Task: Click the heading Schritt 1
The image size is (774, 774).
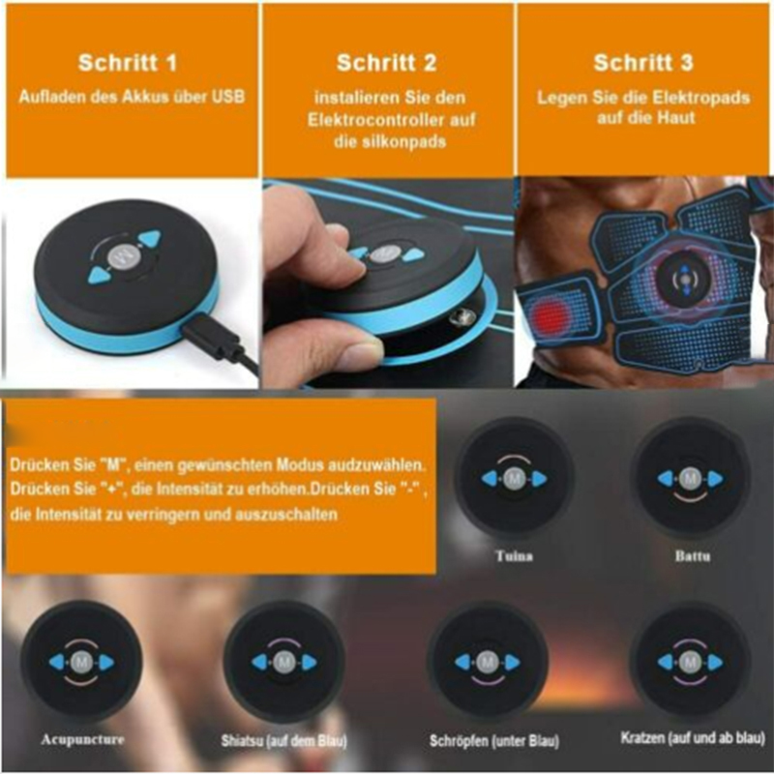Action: (x=128, y=63)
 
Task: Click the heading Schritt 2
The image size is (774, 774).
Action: (x=386, y=63)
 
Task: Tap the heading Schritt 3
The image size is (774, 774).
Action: (x=643, y=63)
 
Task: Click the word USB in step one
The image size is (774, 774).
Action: (x=228, y=96)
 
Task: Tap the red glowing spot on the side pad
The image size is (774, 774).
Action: (x=550, y=313)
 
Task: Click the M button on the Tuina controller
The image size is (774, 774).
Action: (x=514, y=478)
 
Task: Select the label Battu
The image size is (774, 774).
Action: (x=692, y=556)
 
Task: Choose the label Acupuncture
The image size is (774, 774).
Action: (x=82, y=739)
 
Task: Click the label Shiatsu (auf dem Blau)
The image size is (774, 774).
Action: (x=283, y=741)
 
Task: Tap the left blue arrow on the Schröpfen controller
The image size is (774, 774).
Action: (x=463, y=662)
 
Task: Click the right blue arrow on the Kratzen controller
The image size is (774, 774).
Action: (x=715, y=663)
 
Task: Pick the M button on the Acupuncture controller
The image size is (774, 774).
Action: (x=81, y=663)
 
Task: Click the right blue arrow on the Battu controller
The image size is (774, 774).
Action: (x=715, y=478)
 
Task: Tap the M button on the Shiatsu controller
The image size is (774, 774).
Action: (x=283, y=663)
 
